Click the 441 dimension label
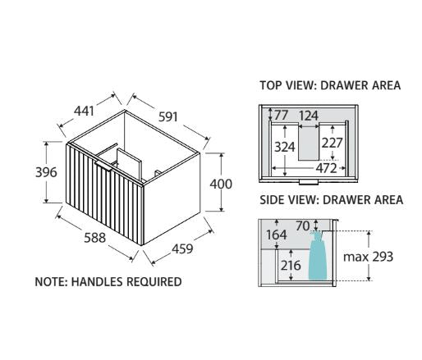[x=85, y=111]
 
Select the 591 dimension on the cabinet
[x=168, y=117]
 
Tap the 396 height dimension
[x=46, y=172]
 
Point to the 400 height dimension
[x=221, y=184]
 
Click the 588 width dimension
[x=94, y=238]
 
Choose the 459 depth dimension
[x=182, y=248]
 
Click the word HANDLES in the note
[x=97, y=282]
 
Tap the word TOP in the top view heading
[x=271, y=85]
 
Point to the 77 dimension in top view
[x=282, y=115]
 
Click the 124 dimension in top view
[x=309, y=116]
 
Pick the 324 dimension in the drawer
[x=285, y=147]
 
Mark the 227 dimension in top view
[x=332, y=143]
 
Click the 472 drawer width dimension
[x=326, y=168]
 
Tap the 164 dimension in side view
[x=277, y=235]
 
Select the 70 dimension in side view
[x=303, y=226]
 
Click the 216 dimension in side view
[x=291, y=265]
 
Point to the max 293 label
[x=368, y=257]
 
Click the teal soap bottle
[x=318, y=256]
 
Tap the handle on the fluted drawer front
[x=103, y=166]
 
